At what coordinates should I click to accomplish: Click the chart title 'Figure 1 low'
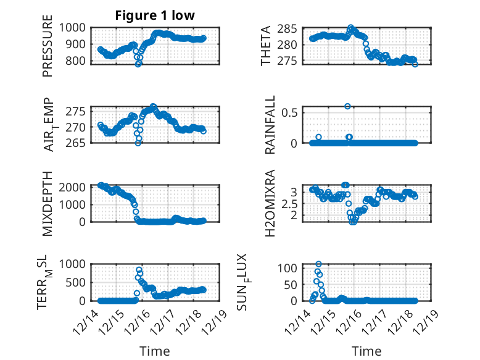pyautogui.click(x=155, y=15)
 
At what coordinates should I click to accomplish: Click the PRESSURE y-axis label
pyautogui.click(x=48, y=51)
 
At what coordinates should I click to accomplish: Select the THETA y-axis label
pyautogui.click(x=266, y=46)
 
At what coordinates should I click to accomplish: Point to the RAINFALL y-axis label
pyautogui.click(x=270, y=126)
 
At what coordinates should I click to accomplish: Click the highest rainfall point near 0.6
pyautogui.click(x=348, y=106)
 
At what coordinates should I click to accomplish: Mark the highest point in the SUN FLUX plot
pyautogui.click(x=318, y=264)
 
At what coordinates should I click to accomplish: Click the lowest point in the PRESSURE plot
pyautogui.click(x=138, y=64)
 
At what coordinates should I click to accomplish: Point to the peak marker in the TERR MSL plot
pyautogui.click(x=139, y=269)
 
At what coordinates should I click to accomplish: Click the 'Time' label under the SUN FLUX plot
pyautogui.click(x=366, y=351)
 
